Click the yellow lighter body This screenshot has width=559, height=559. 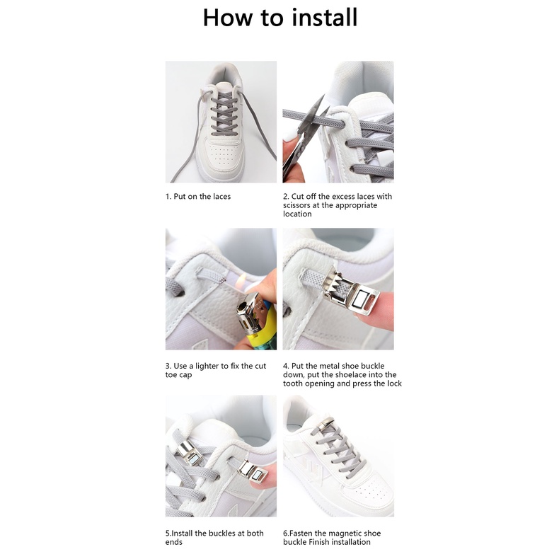[x=265, y=330]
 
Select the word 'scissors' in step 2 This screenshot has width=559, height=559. [x=296, y=205]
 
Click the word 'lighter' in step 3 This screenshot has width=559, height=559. [x=207, y=367]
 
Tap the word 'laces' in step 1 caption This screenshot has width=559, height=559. [x=221, y=197]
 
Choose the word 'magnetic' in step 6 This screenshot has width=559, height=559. [x=344, y=534]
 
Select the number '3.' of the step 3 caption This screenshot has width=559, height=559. [x=168, y=366]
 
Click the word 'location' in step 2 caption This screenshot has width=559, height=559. [x=297, y=214]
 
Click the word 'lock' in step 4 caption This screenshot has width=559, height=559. [x=394, y=384]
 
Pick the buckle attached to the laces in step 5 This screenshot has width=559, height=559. [x=190, y=453]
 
